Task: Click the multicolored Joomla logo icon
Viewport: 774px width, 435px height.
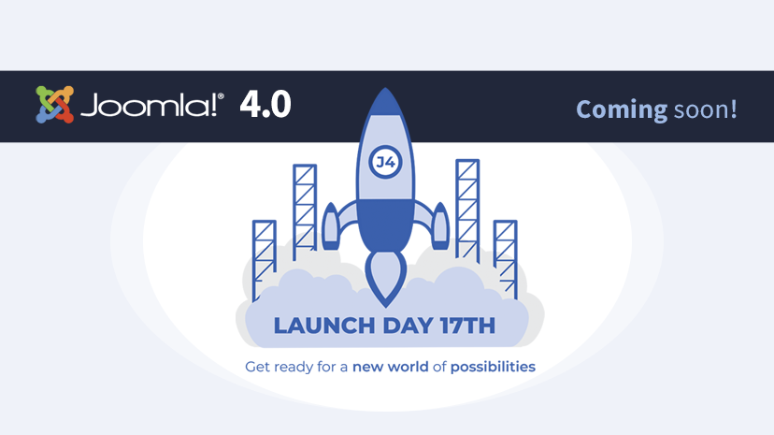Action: [54, 105]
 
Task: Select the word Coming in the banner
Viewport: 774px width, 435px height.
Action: [621, 109]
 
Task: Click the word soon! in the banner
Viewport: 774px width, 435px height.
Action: [706, 109]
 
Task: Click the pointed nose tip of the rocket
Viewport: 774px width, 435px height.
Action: [386, 94]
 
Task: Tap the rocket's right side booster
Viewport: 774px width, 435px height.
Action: [439, 226]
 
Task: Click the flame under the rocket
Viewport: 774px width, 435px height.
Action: [386, 276]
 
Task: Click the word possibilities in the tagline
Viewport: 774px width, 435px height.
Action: [493, 367]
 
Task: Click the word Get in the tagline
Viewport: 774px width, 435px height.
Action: [257, 367]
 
